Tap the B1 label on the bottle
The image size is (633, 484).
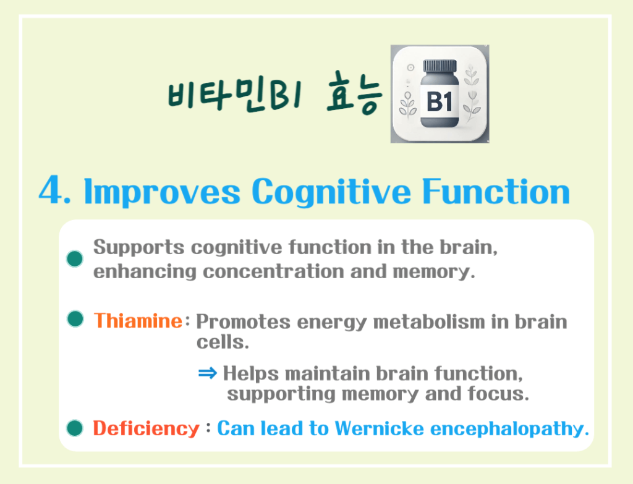point(440,101)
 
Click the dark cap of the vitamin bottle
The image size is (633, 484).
point(440,66)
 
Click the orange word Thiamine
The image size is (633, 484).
point(137,321)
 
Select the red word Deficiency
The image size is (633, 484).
point(146,428)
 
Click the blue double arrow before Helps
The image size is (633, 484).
point(208,373)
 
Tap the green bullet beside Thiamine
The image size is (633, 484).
point(75,320)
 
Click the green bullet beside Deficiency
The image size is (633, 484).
point(75,427)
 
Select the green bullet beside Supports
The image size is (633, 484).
point(75,258)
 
